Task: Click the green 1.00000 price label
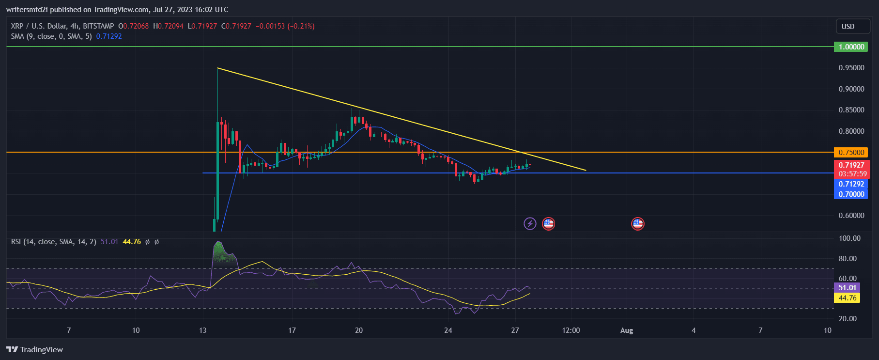pos(851,47)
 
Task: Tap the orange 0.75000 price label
pos(851,153)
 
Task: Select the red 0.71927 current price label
pos(851,165)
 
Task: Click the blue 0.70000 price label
pos(851,194)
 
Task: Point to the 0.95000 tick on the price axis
pos(851,68)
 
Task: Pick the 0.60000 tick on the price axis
pos(851,216)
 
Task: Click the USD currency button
pos(848,27)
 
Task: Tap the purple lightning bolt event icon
pos(530,224)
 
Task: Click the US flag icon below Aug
pos(638,224)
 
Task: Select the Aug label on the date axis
pos(627,330)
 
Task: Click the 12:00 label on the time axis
pos(571,330)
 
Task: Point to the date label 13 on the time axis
pos(202,330)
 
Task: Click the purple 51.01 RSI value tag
pos(847,288)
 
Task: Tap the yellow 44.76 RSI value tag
pos(847,298)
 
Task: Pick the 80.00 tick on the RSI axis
pos(849,259)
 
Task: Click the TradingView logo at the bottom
pos(35,350)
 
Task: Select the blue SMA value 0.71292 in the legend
pos(109,36)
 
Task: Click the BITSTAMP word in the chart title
pos(98,26)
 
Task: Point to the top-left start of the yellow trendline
pos(218,68)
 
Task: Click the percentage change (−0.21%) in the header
pos(301,26)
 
